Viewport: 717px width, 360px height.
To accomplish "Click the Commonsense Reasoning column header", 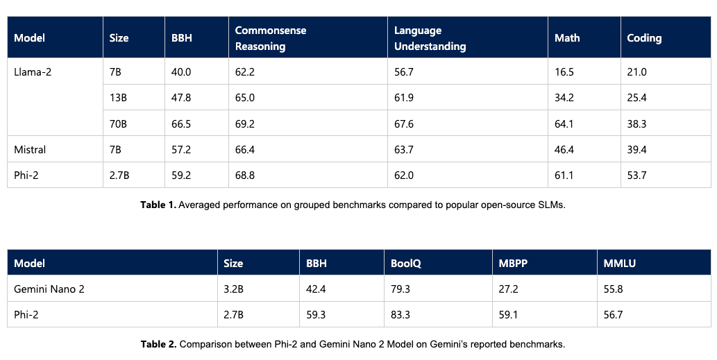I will pyautogui.click(x=271, y=38).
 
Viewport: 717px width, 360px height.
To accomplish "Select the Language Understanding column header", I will pyautogui.click(x=430, y=38).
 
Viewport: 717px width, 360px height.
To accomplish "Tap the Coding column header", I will pyautogui.click(x=644, y=38).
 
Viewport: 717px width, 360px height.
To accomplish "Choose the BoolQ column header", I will pyautogui.click(x=406, y=264).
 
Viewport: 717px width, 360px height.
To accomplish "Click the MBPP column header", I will pyautogui.click(x=513, y=264).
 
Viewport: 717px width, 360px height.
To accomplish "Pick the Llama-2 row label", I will pyautogui.click(x=33, y=72).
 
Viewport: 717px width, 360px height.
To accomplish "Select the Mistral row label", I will pyautogui.click(x=30, y=149).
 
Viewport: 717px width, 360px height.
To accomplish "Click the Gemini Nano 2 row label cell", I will pyautogui.click(x=49, y=289).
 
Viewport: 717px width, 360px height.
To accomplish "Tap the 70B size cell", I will pyautogui.click(x=119, y=123).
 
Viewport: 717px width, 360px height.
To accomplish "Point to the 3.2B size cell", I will pyautogui.click(x=233, y=289).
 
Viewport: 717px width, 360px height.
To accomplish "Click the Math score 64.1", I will pyautogui.click(x=564, y=123).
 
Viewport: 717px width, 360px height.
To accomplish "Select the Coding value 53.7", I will pyautogui.click(x=636, y=175).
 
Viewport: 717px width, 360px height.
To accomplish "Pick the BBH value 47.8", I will pyautogui.click(x=181, y=98).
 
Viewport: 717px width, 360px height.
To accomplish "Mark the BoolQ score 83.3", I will pyautogui.click(x=400, y=315).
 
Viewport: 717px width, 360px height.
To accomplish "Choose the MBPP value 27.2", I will pyautogui.click(x=509, y=289).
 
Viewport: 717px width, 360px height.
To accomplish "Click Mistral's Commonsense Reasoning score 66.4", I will pyautogui.click(x=245, y=149).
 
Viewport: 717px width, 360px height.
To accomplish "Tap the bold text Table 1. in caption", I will pyautogui.click(x=158, y=206).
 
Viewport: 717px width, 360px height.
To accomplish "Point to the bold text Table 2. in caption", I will pyautogui.click(x=159, y=344).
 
